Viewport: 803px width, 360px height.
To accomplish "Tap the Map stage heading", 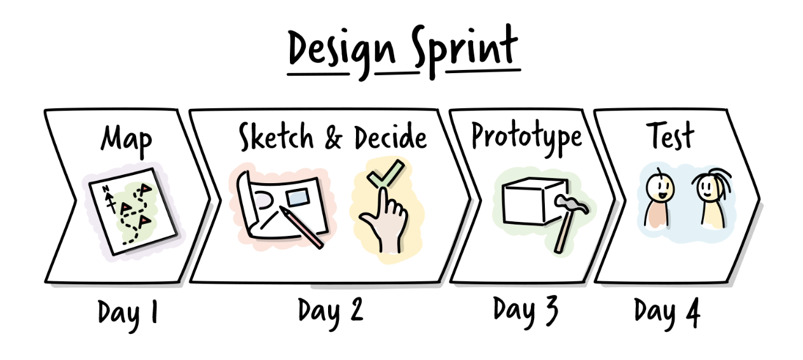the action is [x=126, y=141].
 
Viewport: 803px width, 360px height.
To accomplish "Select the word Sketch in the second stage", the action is [x=276, y=136].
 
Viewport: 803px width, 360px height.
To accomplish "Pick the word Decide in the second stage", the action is [x=391, y=137].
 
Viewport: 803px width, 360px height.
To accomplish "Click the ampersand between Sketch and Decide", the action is [x=333, y=137].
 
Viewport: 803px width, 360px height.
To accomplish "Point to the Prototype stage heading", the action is [x=526, y=137].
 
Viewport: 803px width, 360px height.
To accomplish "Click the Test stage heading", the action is [x=670, y=135].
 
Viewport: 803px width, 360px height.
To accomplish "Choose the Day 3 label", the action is [x=526, y=310].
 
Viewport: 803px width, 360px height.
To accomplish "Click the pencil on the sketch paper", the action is [x=301, y=227].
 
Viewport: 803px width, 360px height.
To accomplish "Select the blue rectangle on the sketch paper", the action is [x=298, y=198].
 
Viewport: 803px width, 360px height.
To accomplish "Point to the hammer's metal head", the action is [x=572, y=204].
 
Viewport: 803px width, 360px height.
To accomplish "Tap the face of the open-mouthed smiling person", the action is [x=659, y=189].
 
